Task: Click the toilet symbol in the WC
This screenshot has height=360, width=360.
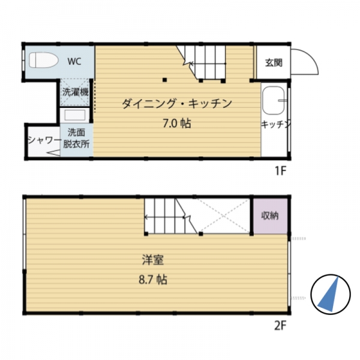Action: point(44,60)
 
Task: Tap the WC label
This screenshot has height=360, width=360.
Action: point(74,61)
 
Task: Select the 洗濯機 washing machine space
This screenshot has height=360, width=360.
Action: point(75,92)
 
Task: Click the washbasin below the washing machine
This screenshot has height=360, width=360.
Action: point(75,115)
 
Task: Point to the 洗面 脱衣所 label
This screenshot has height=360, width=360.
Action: point(76,138)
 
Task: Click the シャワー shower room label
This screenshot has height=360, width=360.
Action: point(44,140)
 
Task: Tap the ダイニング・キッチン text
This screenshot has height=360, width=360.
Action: point(177,104)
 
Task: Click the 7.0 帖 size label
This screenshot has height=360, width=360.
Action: point(177,124)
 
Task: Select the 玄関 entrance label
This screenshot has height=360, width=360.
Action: point(274,62)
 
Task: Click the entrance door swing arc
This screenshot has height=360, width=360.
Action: point(312,58)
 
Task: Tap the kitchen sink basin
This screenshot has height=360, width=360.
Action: point(274,100)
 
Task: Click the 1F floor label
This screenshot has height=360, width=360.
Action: point(281,170)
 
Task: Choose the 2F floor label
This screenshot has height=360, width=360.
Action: point(280,325)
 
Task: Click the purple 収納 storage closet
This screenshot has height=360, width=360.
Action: point(271,216)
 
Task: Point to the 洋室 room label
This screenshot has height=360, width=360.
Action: point(153,260)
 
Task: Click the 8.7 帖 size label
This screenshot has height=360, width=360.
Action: point(153,280)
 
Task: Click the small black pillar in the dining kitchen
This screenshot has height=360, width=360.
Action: point(164,80)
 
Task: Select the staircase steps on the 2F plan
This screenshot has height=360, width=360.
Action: point(171,216)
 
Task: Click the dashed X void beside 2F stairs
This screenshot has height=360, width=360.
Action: point(224,216)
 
